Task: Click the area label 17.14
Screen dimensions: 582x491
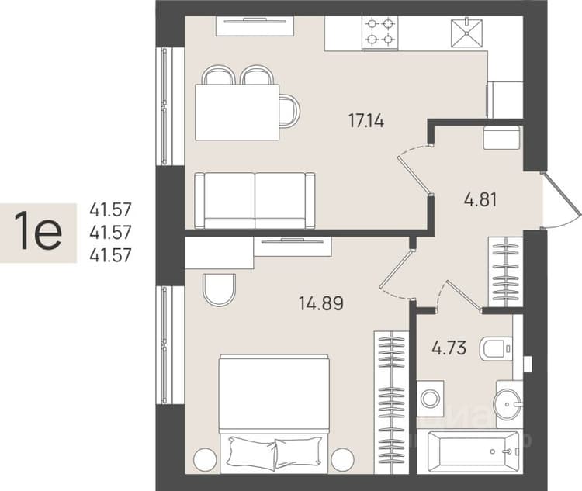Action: click(366, 121)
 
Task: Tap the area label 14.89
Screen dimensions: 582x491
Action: click(321, 303)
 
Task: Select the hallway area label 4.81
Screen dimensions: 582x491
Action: click(480, 199)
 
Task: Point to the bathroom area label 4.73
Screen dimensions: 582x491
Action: click(449, 348)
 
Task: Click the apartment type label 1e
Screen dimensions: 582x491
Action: click(38, 231)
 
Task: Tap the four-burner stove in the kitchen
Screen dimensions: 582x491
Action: click(379, 33)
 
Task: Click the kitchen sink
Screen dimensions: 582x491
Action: click(466, 33)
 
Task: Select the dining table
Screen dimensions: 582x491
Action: click(237, 112)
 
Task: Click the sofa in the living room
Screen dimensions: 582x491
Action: click(255, 200)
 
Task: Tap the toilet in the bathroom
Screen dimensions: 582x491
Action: click(496, 349)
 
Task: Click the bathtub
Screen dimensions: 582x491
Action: click(473, 451)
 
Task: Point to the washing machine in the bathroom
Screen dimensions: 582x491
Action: click(430, 399)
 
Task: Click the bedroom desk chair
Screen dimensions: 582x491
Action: click(220, 289)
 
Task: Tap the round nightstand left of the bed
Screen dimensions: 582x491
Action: click(206, 459)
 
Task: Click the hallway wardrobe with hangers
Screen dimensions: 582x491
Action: click(505, 271)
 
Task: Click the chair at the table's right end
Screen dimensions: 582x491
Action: click(289, 111)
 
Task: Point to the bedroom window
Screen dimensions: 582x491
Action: click(170, 345)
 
